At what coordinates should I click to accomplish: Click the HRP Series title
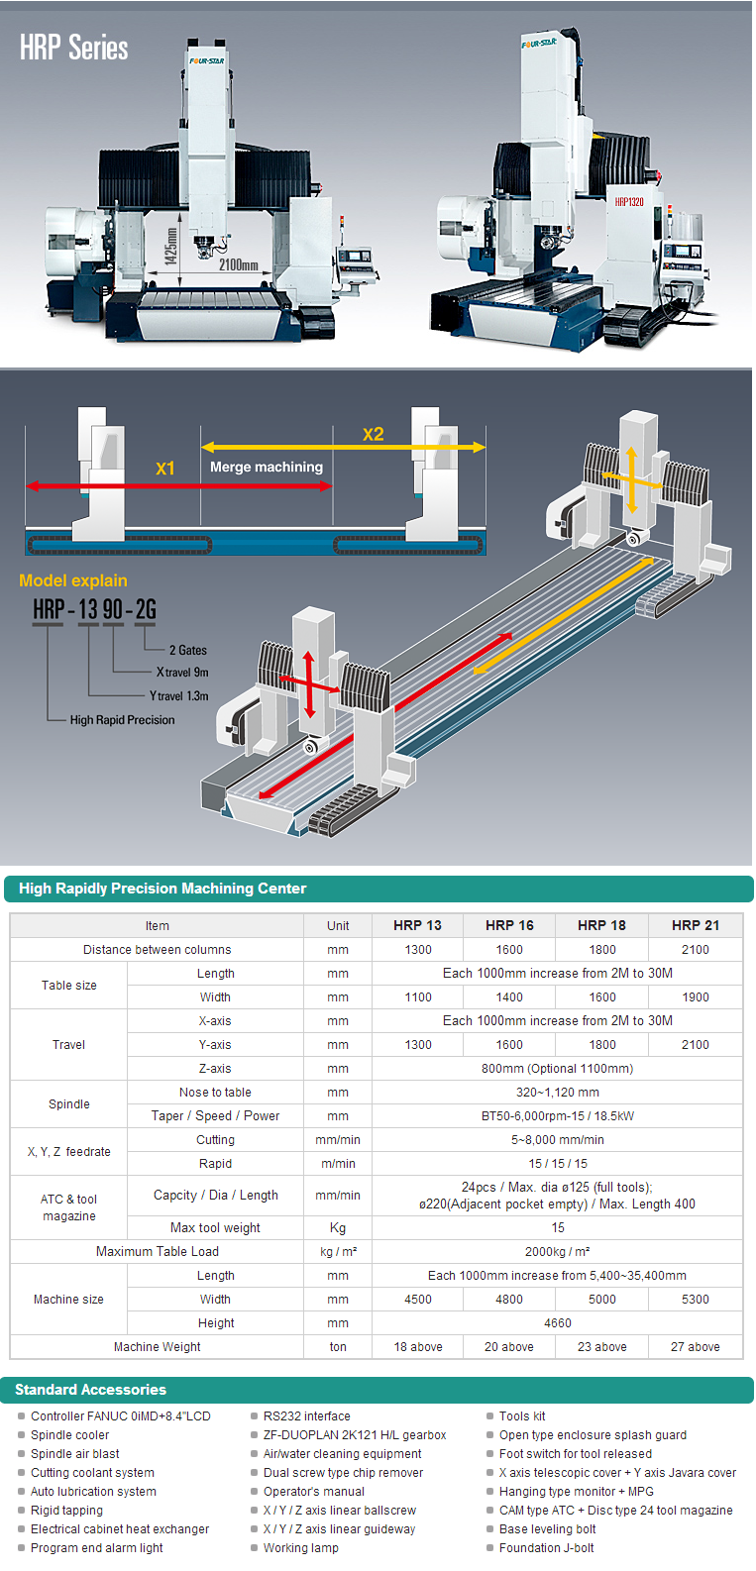click(x=74, y=48)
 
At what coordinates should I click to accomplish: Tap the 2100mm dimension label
click(x=238, y=265)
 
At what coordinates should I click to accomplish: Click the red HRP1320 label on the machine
click(x=629, y=202)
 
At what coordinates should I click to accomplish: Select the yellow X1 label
click(x=165, y=469)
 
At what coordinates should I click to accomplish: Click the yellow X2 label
click(x=373, y=434)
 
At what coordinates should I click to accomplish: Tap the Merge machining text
click(x=267, y=467)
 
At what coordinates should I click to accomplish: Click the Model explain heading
click(x=73, y=580)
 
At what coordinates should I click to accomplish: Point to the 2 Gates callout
click(x=188, y=650)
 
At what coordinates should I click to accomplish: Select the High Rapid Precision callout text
click(x=122, y=720)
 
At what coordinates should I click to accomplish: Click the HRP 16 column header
click(x=509, y=925)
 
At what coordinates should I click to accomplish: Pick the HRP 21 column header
click(x=696, y=925)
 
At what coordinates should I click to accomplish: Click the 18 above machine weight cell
click(x=418, y=1347)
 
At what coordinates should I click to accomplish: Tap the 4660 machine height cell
click(x=558, y=1323)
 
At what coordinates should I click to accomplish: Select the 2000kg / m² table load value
click(x=558, y=1252)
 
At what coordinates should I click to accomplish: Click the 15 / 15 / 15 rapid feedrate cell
click(x=558, y=1164)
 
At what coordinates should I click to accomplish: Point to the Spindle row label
click(x=69, y=1104)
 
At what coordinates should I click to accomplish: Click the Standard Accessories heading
click(x=91, y=1390)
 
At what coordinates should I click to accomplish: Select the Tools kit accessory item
click(x=522, y=1416)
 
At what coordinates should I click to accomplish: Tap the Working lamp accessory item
click(x=300, y=1548)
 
